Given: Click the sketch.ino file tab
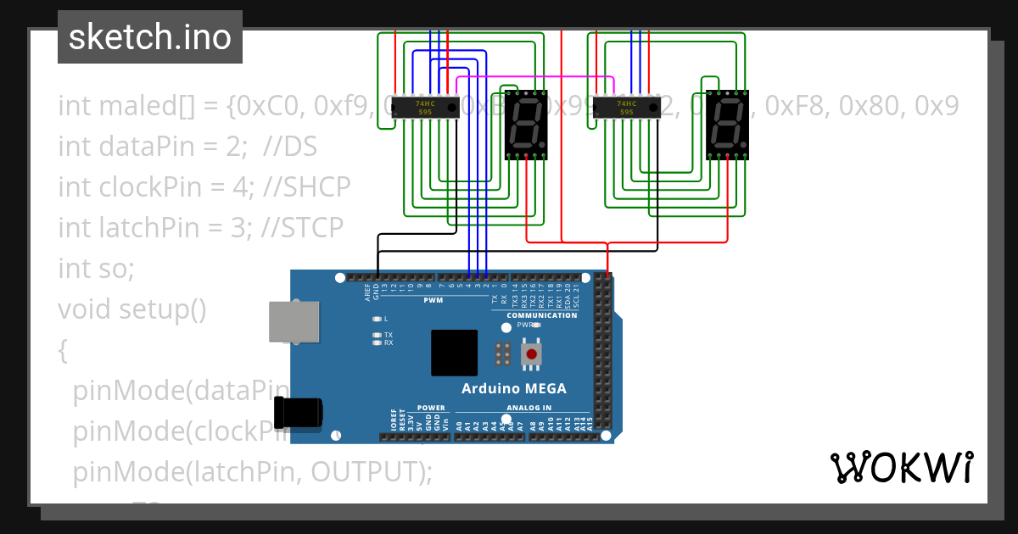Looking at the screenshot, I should (x=150, y=37).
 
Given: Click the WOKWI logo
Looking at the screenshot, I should (x=901, y=467).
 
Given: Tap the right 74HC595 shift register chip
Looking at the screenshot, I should (x=626, y=108).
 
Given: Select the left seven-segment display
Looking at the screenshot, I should (x=527, y=125).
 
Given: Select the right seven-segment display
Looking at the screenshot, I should (x=727, y=125).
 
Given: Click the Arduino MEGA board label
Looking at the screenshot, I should (x=513, y=389).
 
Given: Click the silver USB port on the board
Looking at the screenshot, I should (x=294, y=321).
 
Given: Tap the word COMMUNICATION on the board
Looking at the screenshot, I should (x=541, y=315).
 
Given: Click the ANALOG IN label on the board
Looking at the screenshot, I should (x=529, y=408).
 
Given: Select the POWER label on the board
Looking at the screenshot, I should (x=431, y=408).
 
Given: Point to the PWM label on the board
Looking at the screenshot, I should (x=433, y=301).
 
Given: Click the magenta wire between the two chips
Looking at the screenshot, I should (x=534, y=77).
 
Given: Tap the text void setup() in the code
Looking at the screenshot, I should (x=131, y=309).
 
